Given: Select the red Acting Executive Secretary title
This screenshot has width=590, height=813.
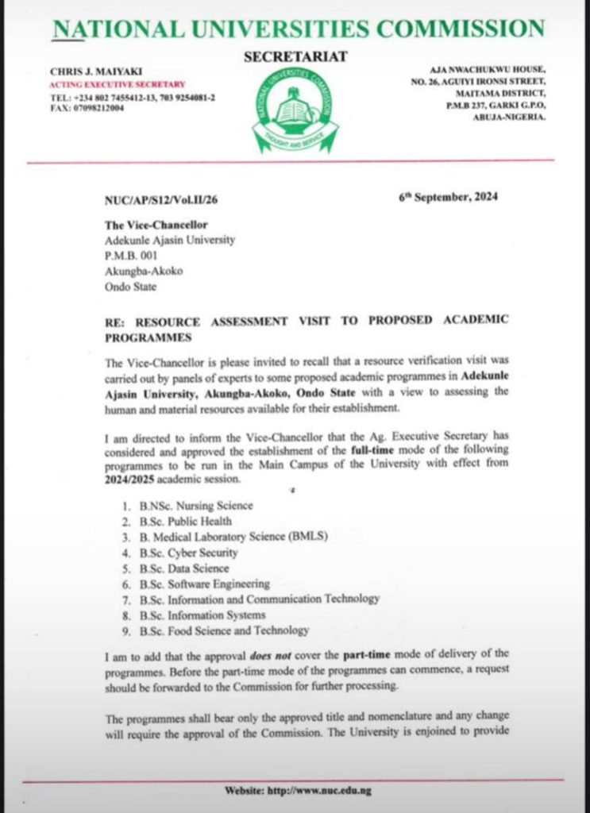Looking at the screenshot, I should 117,84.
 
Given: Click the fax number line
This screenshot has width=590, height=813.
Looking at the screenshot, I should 87,108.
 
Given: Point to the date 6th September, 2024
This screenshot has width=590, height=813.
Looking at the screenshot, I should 448,198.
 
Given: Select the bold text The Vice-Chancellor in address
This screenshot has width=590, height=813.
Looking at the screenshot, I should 151,225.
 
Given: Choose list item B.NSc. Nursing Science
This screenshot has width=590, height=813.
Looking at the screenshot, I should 198,505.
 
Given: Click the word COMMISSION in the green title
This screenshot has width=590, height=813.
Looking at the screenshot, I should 461,29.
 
